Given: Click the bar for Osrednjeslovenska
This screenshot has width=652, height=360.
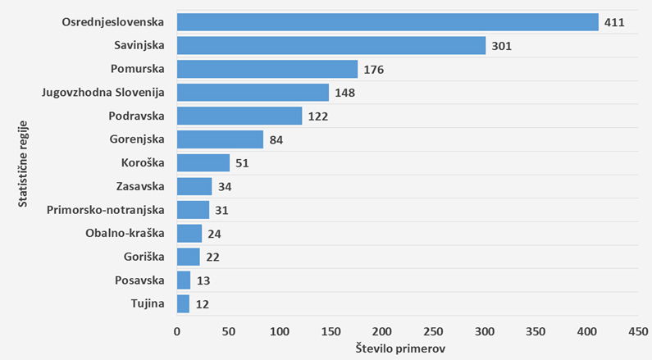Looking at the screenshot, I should click(387, 22).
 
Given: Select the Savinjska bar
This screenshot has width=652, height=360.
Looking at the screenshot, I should click(331, 46).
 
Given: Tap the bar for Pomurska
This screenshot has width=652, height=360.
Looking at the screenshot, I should click(267, 69).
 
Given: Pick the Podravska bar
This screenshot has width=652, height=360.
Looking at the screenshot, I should click(239, 116).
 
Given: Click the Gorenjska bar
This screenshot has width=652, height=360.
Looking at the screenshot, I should click(220, 139).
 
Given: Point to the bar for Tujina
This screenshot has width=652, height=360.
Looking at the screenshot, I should click(183, 304).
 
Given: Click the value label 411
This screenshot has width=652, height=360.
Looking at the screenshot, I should click(614, 22).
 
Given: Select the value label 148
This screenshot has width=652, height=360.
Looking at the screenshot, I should click(344, 93).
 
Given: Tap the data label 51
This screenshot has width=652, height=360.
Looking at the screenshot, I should click(242, 163).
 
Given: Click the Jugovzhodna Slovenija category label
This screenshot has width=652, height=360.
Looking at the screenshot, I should click(103, 92).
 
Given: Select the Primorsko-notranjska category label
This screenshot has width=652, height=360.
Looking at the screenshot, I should click(107, 210).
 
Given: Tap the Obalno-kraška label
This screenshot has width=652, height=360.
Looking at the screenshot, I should click(125, 233).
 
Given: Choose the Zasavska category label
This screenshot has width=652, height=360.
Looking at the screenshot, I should click(140, 186).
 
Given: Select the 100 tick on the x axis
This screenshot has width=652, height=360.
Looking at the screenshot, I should click(280, 331).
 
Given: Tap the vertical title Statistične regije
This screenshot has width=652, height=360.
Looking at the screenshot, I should click(24, 162).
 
